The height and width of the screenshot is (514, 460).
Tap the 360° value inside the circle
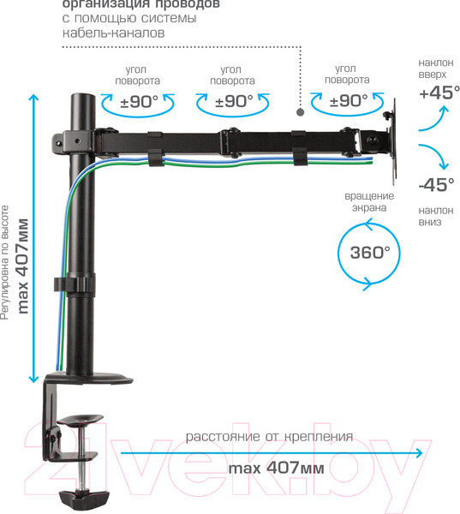pyautogui.click(x=369, y=253)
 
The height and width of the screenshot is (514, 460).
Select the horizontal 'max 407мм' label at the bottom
pyautogui.click(x=276, y=469)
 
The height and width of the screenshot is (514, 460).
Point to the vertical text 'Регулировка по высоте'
pyautogui.click(x=6, y=262)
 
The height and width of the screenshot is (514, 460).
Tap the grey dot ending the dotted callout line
pyautogui.click(x=300, y=111)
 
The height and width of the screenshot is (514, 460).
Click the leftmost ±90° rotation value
pyautogui.click(x=137, y=101)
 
